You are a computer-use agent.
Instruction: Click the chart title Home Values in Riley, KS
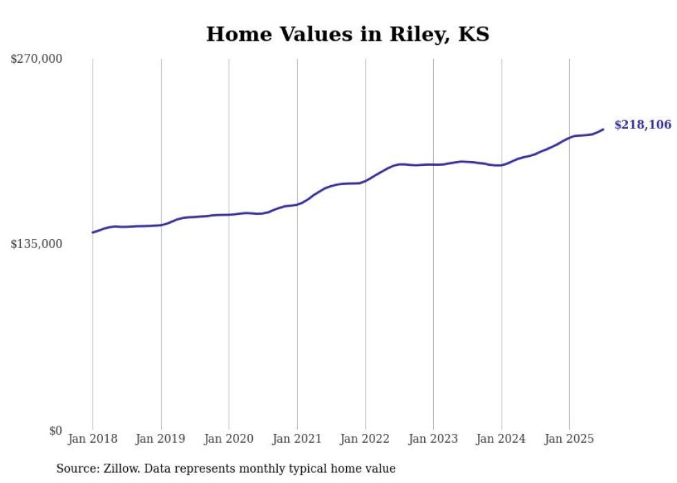347,34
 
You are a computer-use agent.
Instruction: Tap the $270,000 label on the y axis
37,59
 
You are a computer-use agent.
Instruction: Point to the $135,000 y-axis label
37,244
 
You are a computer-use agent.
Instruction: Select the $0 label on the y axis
55,430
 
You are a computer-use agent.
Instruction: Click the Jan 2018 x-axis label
93,439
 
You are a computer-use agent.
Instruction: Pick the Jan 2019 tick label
161,439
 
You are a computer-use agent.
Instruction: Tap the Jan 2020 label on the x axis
229,439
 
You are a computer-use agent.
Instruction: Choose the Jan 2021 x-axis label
297,439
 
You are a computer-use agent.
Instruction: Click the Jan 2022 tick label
365,439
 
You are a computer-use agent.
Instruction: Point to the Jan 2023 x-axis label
433,439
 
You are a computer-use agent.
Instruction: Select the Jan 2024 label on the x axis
502,439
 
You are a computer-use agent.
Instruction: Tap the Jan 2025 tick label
569,439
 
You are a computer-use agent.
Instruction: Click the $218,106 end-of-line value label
642,125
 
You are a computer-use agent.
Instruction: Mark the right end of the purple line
603,129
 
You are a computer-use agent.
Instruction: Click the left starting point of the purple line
93,232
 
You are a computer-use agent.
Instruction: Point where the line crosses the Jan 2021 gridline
297,205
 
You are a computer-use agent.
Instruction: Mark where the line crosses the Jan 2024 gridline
502,165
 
